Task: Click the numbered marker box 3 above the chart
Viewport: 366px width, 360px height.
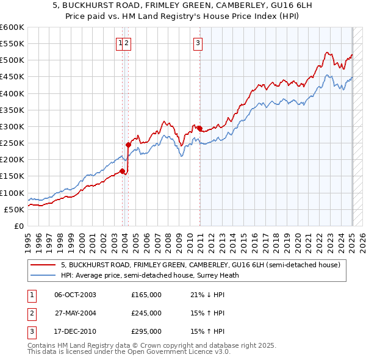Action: coord(198,43)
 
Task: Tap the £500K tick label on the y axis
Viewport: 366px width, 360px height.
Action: coord(13,60)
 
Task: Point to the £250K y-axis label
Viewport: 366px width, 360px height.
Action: coord(13,143)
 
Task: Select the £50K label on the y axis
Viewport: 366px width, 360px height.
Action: coord(15,209)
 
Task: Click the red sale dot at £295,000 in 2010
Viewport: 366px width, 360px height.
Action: coord(200,128)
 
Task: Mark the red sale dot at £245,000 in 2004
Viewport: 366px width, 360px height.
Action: coord(128,145)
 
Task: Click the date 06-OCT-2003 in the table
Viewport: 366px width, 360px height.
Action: coord(75,295)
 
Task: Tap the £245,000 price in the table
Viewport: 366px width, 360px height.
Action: coord(146,313)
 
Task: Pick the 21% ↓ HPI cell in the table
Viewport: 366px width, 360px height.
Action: coord(207,295)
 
